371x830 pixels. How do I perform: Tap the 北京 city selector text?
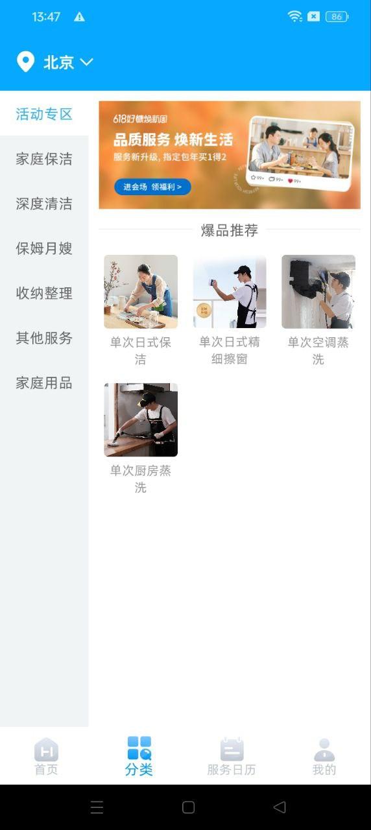58,62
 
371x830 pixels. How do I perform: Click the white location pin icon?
25,62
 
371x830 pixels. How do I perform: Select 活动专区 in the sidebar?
44,114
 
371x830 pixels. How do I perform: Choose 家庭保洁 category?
44,159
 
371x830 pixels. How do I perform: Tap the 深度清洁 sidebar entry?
44,204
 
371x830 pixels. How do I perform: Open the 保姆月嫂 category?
44,248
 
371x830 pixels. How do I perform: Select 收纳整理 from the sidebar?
44,293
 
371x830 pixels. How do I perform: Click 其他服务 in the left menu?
44,338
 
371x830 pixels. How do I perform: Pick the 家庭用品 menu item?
44,383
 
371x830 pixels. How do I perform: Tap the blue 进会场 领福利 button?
152,187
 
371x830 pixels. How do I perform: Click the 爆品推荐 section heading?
229,230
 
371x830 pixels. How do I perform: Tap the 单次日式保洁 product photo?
141,291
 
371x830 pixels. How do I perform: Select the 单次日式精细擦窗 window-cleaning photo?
230,291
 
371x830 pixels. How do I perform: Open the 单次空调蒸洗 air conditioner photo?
318,291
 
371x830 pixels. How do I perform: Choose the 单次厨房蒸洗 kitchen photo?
141,420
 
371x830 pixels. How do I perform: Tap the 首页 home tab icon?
46,750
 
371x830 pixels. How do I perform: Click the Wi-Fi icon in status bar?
295,17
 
